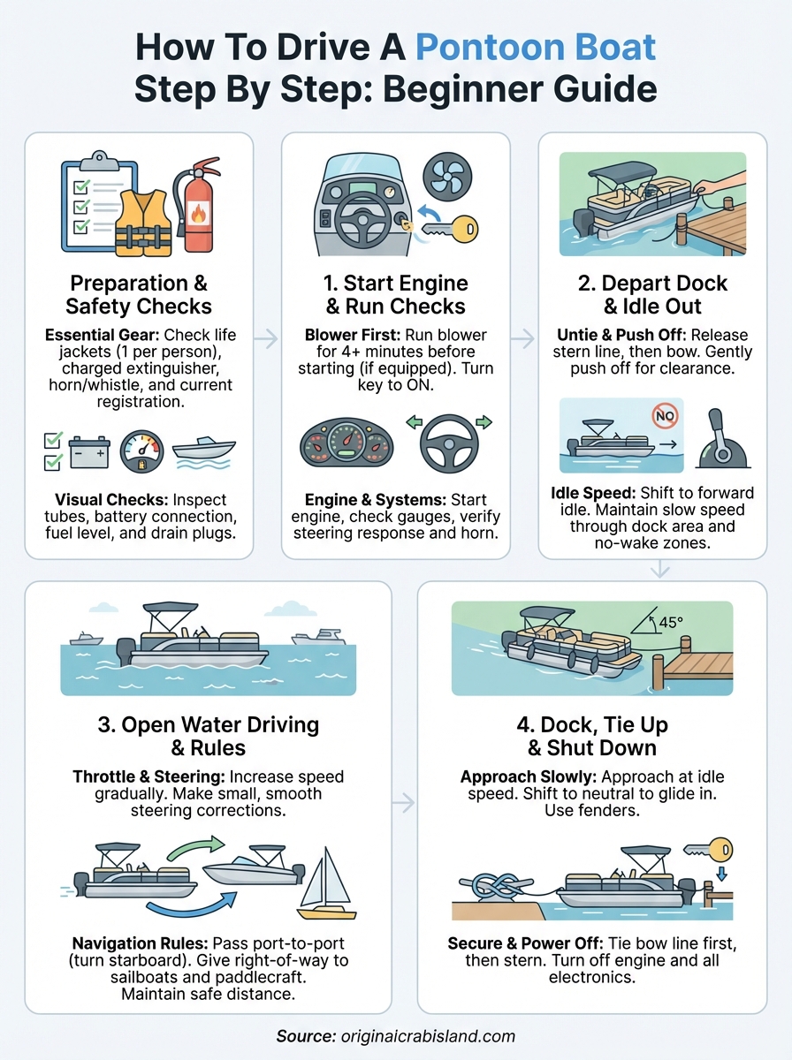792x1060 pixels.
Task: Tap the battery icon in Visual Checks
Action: [88, 451]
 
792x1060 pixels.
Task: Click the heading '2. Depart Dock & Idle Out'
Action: [651, 296]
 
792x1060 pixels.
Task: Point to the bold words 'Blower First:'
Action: [347, 336]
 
